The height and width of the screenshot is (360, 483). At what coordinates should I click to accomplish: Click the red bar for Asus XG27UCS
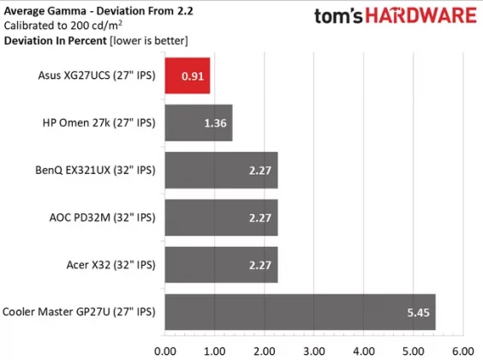pyautogui.click(x=188, y=75)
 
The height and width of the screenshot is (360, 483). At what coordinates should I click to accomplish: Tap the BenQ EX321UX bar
pyautogui.click(x=221, y=170)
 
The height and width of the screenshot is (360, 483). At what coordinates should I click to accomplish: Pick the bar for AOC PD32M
pyautogui.click(x=221, y=217)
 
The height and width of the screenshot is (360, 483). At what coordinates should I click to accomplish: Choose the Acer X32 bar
pyautogui.click(x=221, y=265)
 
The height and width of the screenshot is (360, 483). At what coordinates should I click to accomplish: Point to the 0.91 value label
pyautogui.click(x=193, y=75)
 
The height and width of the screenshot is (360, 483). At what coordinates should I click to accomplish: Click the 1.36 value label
pyautogui.click(x=215, y=123)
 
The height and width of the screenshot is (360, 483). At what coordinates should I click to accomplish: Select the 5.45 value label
pyautogui.click(x=418, y=312)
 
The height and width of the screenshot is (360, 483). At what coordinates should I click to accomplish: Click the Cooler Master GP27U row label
pyautogui.click(x=80, y=312)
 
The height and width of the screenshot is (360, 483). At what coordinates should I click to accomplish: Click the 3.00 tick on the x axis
pyautogui.click(x=313, y=350)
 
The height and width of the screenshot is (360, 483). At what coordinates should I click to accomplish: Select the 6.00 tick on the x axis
pyautogui.click(x=462, y=350)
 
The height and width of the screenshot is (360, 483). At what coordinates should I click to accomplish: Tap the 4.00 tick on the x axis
pyautogui.click(x=363, y=350)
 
